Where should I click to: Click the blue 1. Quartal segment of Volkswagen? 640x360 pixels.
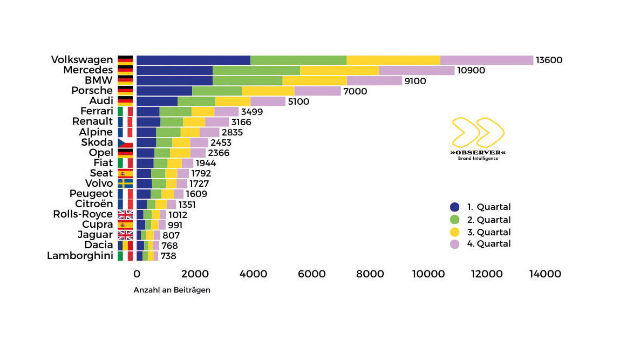193,60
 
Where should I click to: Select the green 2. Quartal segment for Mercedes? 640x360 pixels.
256,70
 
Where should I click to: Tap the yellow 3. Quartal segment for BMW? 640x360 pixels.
314,80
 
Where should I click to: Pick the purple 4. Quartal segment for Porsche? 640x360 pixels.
317,91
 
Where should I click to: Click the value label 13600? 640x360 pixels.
549,60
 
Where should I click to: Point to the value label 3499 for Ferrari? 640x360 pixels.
251,112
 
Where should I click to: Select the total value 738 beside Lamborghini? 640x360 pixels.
168,256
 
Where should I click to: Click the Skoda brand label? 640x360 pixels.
97,142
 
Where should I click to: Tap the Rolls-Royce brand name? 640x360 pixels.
83,214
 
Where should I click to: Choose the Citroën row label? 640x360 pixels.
94,204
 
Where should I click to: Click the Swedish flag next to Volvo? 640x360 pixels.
125,184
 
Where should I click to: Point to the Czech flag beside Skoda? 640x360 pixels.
125,142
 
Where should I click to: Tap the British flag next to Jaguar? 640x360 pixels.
125,235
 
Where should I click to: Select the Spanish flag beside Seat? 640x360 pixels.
125,173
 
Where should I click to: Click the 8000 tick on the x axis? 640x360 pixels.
370,274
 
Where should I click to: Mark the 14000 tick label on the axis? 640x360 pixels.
545,274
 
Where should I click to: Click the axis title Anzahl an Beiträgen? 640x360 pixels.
172,290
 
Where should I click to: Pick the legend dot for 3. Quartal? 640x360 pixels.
454,232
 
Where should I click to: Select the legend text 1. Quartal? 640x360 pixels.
489,207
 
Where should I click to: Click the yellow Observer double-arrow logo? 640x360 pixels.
478,133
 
